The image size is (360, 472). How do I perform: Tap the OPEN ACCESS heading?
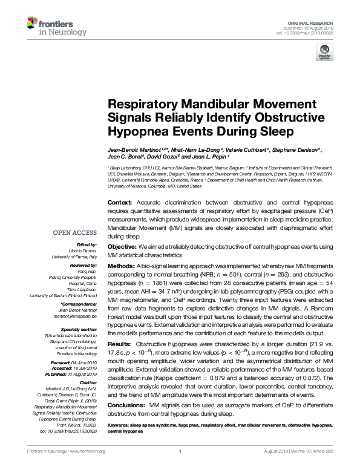(x=75, y=232)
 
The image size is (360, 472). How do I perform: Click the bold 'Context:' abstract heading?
(x=119, y=202)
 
